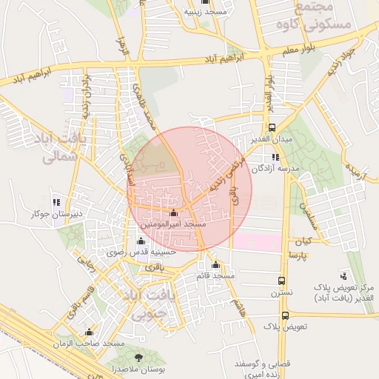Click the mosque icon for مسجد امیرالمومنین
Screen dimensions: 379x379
point(174,213)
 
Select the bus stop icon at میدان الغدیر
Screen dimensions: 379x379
point(272,127)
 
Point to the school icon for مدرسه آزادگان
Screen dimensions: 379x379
point(275,157)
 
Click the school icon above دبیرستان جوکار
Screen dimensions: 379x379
point(56,202)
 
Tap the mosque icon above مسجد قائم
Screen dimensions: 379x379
point(215,265)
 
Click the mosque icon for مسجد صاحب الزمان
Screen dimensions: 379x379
point(90,332)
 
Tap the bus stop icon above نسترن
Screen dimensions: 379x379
point(281,281)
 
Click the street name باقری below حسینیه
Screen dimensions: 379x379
point(150,266)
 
